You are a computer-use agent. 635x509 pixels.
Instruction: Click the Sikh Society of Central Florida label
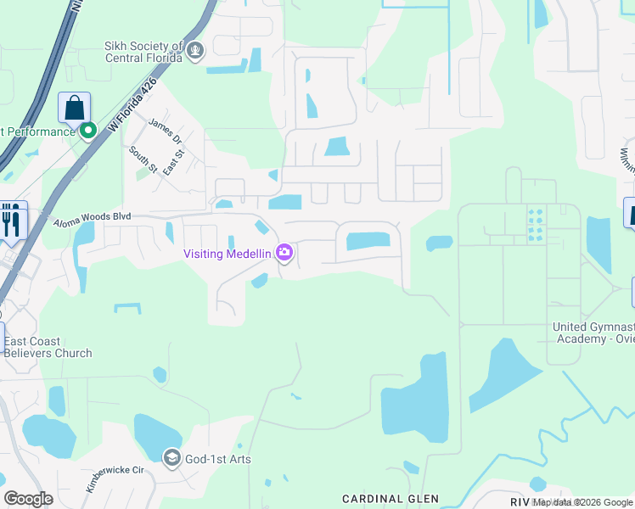143,52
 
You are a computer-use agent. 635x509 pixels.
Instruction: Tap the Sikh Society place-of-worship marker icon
196,52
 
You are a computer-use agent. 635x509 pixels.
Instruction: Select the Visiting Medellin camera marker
284,253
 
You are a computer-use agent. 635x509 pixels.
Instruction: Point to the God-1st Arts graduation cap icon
171,459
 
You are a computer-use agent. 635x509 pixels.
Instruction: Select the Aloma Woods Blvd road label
93,220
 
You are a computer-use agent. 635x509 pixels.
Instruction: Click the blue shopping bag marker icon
75,108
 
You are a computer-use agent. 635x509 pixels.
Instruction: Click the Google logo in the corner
29,498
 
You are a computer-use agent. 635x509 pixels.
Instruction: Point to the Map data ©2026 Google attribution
582,502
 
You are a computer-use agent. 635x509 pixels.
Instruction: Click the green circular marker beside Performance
87,131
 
